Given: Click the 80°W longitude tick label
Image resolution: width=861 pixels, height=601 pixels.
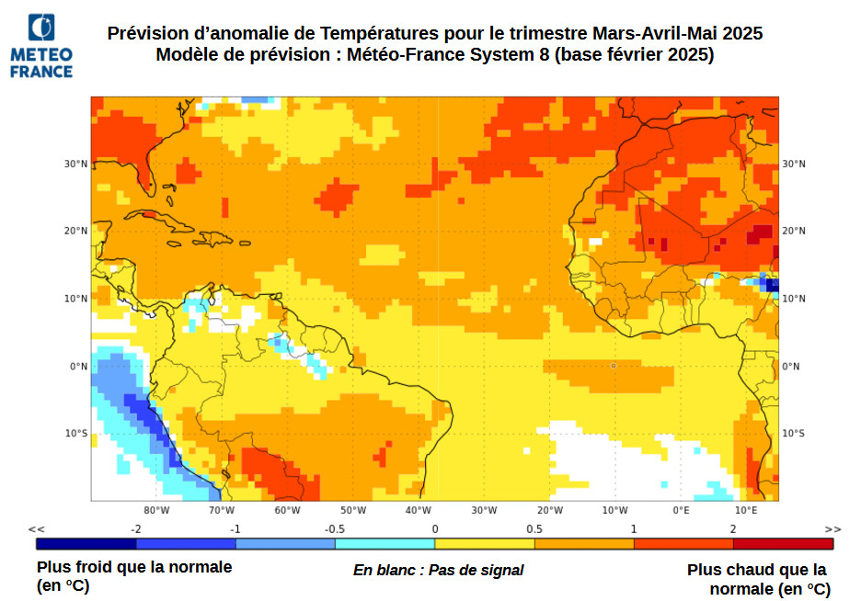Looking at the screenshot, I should click(155, 510).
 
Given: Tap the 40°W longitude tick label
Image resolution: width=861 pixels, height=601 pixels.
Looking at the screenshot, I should click(419, 510).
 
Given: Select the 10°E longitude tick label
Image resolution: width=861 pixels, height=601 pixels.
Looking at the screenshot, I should click(746, 510).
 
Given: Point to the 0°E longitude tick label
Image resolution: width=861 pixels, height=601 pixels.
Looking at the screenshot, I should click(681, 510).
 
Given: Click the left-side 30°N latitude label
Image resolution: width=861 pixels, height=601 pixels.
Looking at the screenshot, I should click(75, 164).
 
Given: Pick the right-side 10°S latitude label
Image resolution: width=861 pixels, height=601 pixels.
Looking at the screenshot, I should click(794, 433).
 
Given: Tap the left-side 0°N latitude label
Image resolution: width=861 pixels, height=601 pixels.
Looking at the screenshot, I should click(77, 366).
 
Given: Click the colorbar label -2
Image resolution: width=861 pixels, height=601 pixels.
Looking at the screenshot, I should click(135, 528).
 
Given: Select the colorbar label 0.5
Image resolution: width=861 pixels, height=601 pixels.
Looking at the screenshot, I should click(534, 528).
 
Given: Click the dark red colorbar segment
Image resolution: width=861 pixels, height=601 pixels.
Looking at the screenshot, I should click(783, 543).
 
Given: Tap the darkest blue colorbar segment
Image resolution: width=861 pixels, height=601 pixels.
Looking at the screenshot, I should click(86, 543).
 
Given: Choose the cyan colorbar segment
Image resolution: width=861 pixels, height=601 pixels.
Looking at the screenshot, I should click(385, 543).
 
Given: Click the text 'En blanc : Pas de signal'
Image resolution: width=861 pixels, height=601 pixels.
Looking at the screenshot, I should click(438, 570).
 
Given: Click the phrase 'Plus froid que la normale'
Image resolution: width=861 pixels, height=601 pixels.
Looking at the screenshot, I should click(134, 567).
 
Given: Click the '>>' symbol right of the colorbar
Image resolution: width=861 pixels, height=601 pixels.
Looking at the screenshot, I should click(833, 528).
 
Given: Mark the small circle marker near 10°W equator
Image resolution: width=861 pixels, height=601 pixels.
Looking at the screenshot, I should click(613, 366).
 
